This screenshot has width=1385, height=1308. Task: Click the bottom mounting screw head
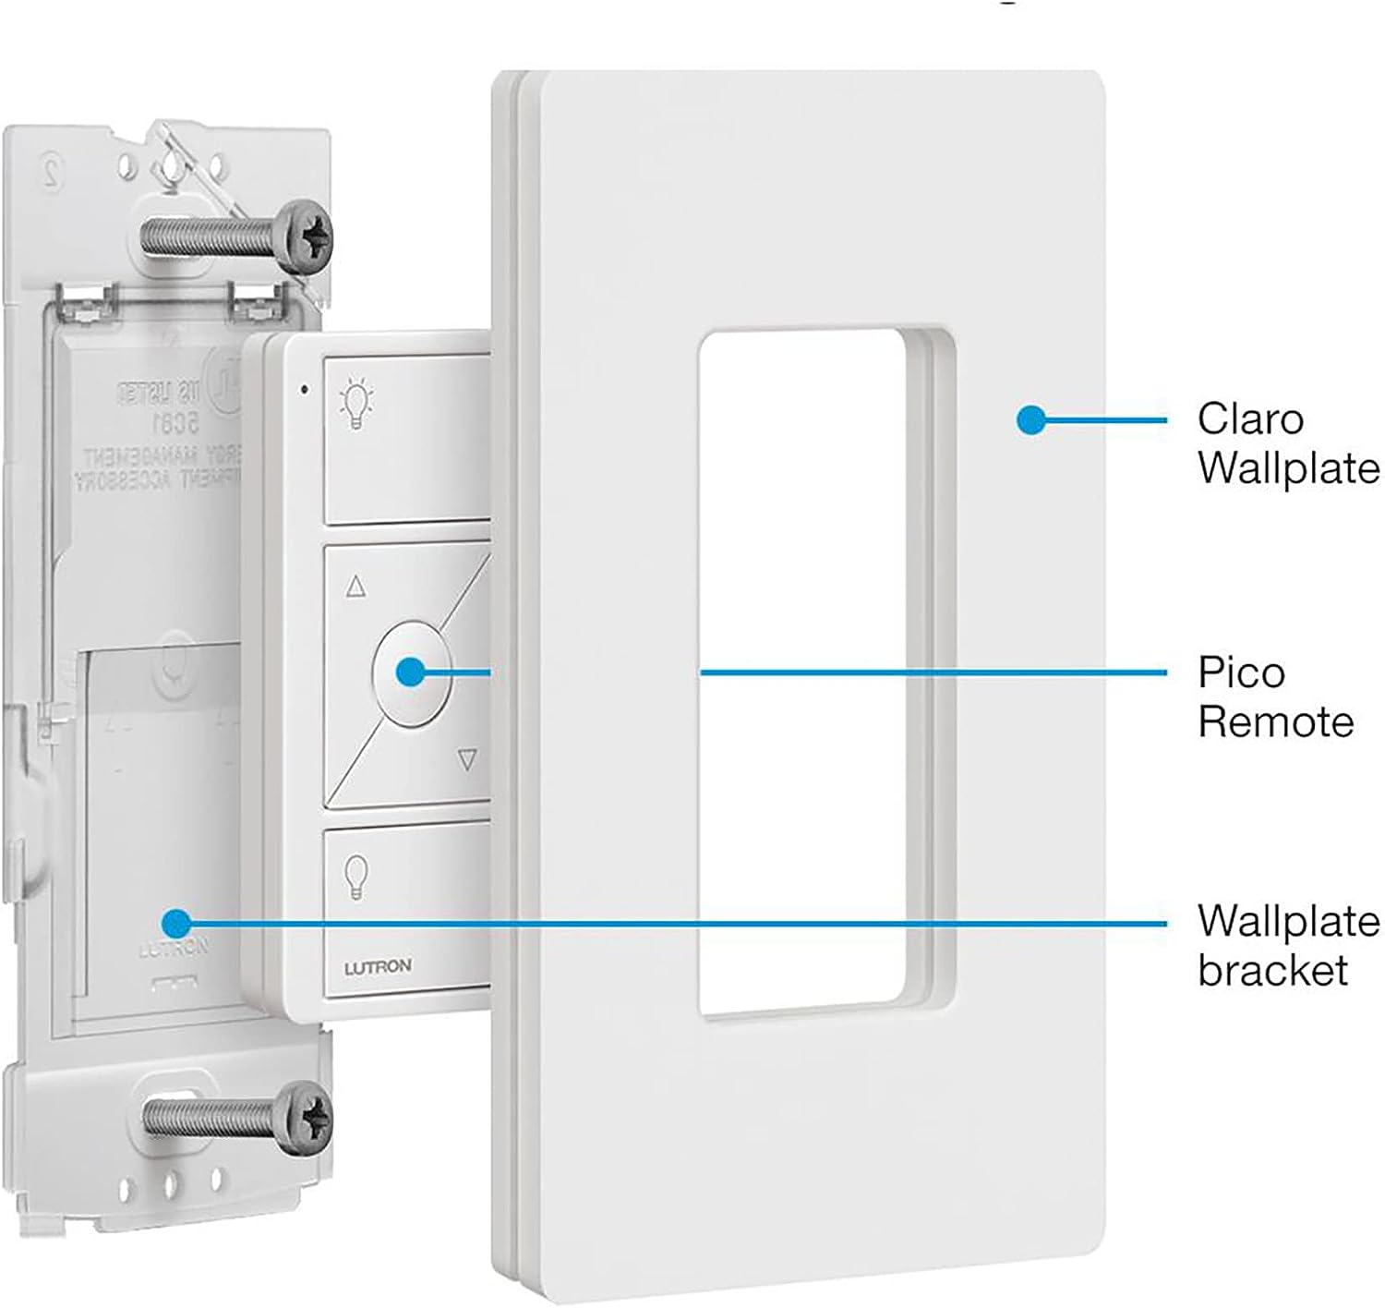(x=306, y=1118)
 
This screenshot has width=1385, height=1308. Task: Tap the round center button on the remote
(x=411, y=672)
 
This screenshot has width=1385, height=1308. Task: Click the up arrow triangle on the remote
(x=355, y=586)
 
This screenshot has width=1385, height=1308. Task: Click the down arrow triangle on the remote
(x=467, y=760)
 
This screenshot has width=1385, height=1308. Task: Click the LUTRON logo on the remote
(x=378, y=967)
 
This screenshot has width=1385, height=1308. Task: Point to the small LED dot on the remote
(x=305, y=389)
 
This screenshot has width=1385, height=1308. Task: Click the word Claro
(x=1250, y=419)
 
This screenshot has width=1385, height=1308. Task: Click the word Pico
(x=1241, y=672)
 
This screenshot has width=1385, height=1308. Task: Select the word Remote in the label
(x=1275, y=721)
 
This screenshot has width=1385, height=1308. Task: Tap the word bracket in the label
(x=1273, y=970)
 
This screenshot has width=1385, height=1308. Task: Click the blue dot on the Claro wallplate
(x=1030, y=420)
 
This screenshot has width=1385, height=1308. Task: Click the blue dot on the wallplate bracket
(x=175, y=922)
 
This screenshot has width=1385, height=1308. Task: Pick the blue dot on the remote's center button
(x=411, y=672)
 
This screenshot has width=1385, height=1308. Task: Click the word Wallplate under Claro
(x=1289, y=468)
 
